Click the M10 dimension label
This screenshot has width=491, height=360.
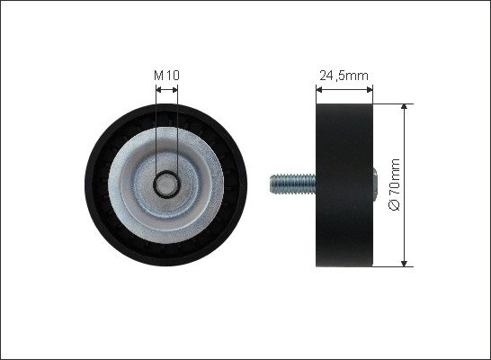166,76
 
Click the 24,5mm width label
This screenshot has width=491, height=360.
344,76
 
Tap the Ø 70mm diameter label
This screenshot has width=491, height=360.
395,184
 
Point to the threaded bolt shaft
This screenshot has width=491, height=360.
293,184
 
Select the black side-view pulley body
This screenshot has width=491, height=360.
344,185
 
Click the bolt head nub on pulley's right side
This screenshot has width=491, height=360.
375,184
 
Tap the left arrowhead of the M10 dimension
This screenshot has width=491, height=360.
158,90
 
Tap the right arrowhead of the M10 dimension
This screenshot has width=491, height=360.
175,90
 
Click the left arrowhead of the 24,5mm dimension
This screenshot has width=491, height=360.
319,90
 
